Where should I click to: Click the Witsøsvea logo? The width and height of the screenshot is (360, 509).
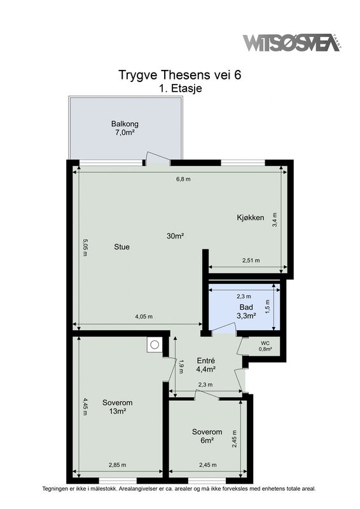pos(292,43)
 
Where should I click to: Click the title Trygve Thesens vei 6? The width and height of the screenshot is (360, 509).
pos(180,74)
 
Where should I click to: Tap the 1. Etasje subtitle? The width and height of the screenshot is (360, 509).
pos(181,88)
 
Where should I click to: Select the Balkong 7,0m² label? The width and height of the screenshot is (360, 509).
pos(125,128)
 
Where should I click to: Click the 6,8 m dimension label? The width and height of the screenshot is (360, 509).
pos(183,179)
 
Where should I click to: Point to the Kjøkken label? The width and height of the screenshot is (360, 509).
pos(250,218)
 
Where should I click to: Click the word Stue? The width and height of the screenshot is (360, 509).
pos(121,247)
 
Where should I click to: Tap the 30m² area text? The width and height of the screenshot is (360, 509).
pos(176,236)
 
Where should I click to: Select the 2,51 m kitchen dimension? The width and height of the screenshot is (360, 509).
pos(251,260)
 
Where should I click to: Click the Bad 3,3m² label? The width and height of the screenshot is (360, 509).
pos(246,311)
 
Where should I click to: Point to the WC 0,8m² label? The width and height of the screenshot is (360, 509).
pos(265,346)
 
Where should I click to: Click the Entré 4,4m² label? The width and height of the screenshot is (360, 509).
pos(206,365)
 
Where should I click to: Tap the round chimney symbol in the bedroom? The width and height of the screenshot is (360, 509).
pos(155,345)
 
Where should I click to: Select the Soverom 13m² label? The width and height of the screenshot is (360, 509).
pos(118,407)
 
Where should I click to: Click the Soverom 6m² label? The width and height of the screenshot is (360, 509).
pos(207,436)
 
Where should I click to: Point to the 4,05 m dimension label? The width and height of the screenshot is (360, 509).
pos(144,316)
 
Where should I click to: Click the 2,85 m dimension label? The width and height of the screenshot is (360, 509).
pos(117,465)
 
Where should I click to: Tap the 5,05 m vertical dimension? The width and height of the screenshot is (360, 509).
pos(85,248)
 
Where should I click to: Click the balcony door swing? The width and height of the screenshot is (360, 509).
pos(158,157)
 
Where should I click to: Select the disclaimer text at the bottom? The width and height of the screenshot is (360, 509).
pos(179,488)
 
